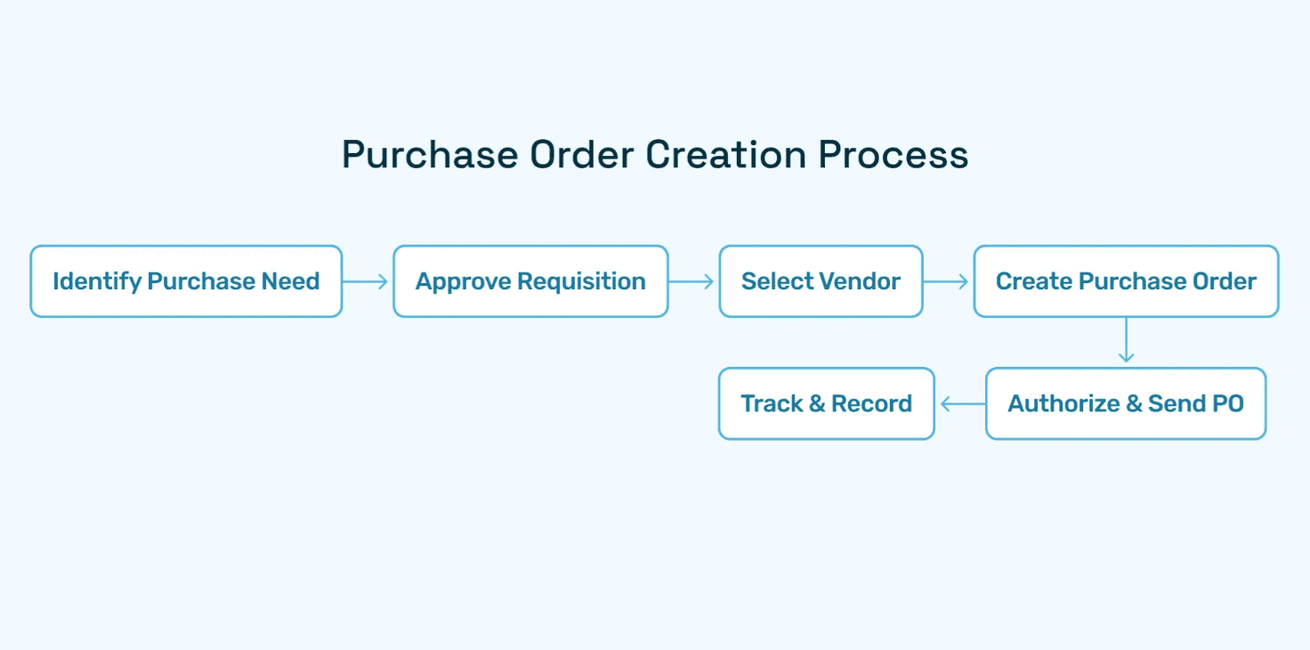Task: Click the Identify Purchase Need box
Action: pyautogui.click(x=186, y=281)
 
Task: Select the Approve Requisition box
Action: pyautogui.click(x=530, y=281)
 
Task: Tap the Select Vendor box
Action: pyautogui.click(x=821, y=281)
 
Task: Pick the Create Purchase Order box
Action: pyautogui.click(x=1126, y=281)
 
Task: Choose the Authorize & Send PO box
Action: pyautogui.click(x=1126, y=403)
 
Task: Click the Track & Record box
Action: pyautogui.click(x=826, y=403)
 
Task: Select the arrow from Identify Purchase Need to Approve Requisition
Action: pyautogui.click(x=367, y=281)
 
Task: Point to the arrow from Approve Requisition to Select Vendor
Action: pyautogui.click(x=692, y=281)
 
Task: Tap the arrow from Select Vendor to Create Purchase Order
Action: pyautogui.click(x=947, y=281)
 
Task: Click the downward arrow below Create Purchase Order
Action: pyautogui.click(x=1126, y=341)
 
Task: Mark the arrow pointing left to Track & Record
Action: pyautogui.click(x=960, y=404)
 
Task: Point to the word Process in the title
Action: pyautogui.click(x=894, y=155)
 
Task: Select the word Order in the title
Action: pyautogui.click(x=582, y=155)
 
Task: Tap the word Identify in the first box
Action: pyautogui.click(x=97, y=282)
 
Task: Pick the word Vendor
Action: pyautogui.click(x=860, y=281)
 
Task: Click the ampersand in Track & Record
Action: pyautogui.click(x=816, y=403)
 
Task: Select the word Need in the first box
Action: pyautogui.click(x=290, y=281)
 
